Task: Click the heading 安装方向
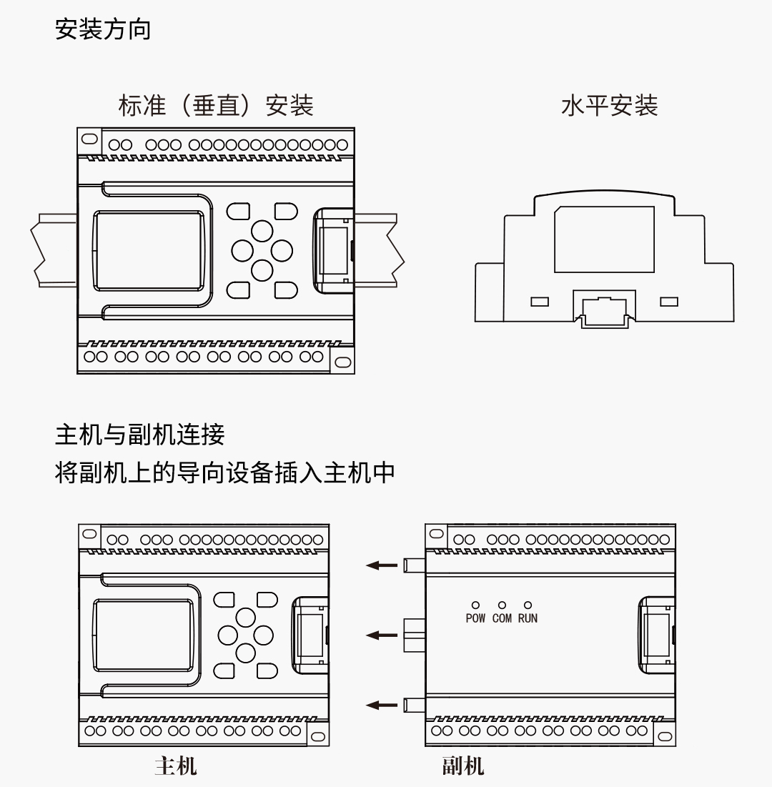click(x=103, y=29)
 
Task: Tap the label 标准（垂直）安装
click(x=215, y=106)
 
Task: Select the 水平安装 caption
click(x=609, y=106)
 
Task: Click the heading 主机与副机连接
click(x=140, y=434)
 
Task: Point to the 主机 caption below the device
click(x=175, y=766)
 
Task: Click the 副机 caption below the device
click(x=462, y=766)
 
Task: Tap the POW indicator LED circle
click(x=475, y=605)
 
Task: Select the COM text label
click(x=502, y=618)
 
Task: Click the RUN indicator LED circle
click(x=528, y=605)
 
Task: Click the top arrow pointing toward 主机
click(x=382, y=565)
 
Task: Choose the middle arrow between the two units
click(x=382, y=635)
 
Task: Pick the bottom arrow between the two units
click(x=382, y=705)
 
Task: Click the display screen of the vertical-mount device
click(x=149, y=250)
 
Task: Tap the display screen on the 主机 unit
click(x=144, y=635)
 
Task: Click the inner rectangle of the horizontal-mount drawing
click(x=605, y=239)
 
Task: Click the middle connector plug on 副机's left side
click(x=415, y=635)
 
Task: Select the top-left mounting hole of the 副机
click(x=437, y=534)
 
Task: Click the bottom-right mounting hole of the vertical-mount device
click(x=342, y=362)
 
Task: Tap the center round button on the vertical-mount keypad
click(x=262, y=250)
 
